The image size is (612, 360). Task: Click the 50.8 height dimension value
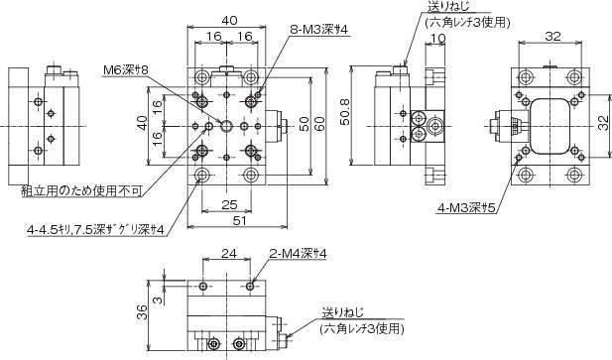[x=345, y=111]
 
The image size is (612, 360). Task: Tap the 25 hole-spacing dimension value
[x=229, y=204]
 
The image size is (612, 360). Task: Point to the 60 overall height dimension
[x=319, y=124]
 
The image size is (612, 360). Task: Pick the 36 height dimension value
[x=143, y=312]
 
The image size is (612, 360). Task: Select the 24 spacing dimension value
[x=229, y=254]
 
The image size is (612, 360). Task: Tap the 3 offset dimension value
[x=157, y=300]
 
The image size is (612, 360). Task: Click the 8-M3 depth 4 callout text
[x=318, y=30]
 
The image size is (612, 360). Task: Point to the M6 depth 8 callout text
[x=126, y=70]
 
